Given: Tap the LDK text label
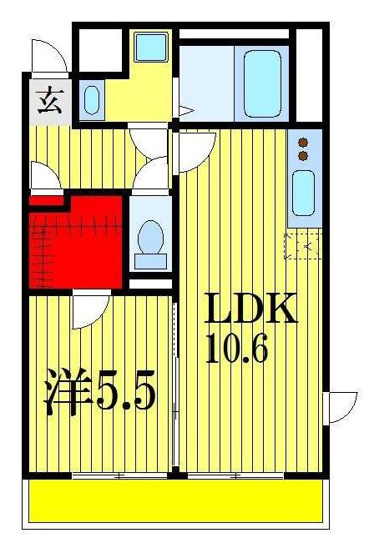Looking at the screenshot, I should pyautogui.click(x=251, y=310).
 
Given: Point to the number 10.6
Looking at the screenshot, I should pyautogui.click(x=237, y=349).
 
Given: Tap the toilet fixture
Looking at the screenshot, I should pyautogui.click(x=151, y=239).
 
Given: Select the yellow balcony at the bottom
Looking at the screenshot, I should pyautogui.click(x=175, y=500).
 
